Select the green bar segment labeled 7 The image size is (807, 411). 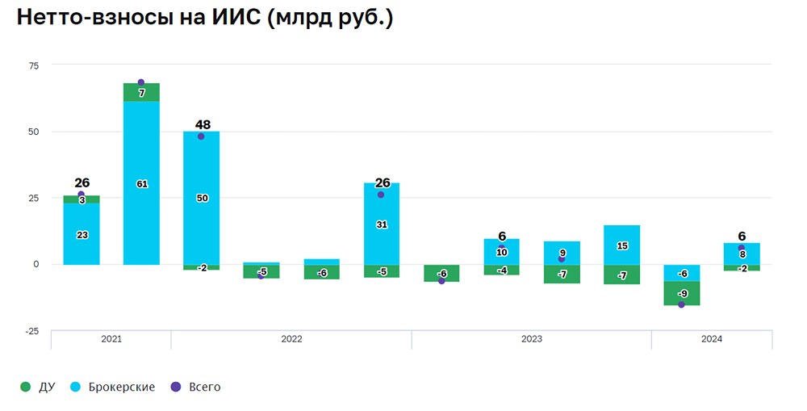(x=141, y=93)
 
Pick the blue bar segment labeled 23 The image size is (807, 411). (x=82, y=234)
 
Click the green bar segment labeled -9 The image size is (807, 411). (x=682, y=293)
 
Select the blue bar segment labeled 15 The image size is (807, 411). (x=621, y=245)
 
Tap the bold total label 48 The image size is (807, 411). (x=203, y=125)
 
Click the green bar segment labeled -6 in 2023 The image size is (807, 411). (x=441, y=273)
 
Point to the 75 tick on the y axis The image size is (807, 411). (x=33, y=65)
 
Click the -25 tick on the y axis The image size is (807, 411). (x=31, y=330)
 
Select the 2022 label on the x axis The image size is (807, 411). (x=291, y=339)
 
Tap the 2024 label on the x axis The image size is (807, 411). (x=711, y=339)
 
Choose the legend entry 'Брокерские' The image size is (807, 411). (x=121, y=388)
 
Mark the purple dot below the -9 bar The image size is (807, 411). (x=681, y=304)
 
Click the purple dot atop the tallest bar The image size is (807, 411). (x=141, y=82)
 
